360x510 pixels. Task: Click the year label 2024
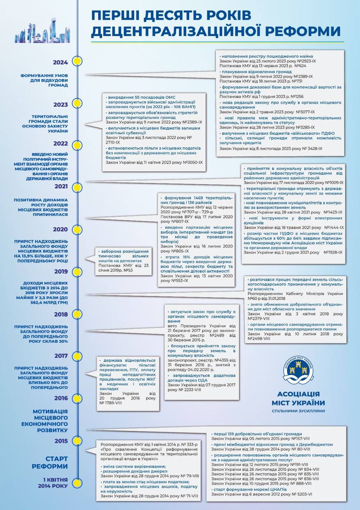61,62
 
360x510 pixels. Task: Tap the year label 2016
61,398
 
